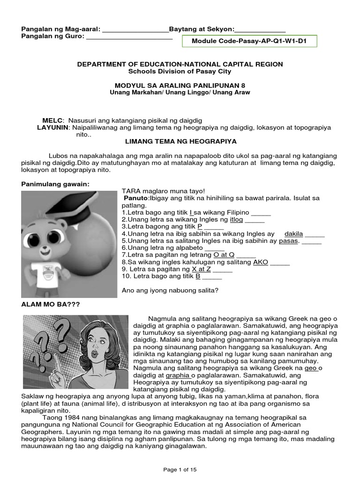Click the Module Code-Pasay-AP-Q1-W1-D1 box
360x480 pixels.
249,41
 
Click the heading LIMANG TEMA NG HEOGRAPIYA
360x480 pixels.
180,141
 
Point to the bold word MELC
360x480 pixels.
52,120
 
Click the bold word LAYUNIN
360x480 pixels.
53,127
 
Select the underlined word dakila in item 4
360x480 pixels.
294,233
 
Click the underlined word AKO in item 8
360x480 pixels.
260,262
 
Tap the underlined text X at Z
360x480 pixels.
201,270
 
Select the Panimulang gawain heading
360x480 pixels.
54,185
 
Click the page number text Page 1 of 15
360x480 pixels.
180,470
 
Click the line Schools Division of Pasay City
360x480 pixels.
180,72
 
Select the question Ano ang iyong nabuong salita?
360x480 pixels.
170,290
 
